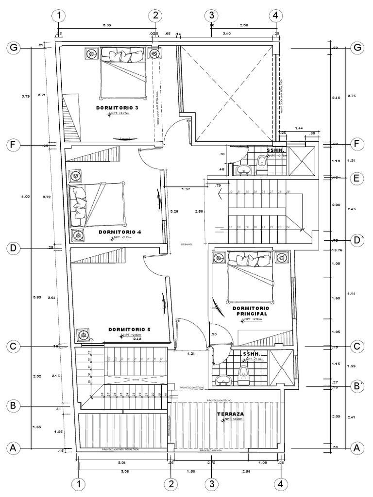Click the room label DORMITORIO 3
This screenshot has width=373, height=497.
coord(115,107)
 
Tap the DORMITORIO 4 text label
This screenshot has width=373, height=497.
coord(120,232)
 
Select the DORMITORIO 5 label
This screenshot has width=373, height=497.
coord(129,330)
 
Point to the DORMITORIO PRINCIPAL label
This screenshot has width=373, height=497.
coord(251,311)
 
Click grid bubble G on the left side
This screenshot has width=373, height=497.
coord(14,48)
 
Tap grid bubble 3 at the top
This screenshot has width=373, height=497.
coord(212,16)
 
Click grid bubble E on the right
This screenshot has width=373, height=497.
coord(357,178)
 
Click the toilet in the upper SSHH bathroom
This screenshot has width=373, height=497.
coord(262,165)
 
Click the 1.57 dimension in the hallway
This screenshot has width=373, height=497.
coord(185,189)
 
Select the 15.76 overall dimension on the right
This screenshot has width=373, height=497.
coord(337,250)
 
